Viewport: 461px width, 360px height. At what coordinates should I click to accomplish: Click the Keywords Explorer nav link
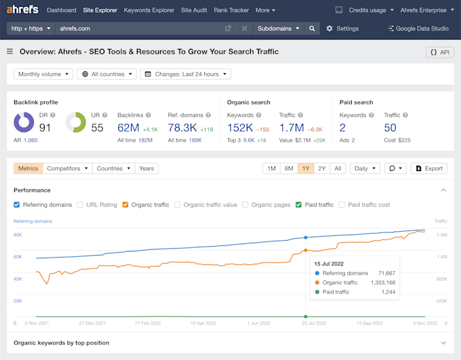[x=148, y=10]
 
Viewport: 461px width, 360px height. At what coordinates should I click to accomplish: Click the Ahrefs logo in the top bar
[x=22, y=10]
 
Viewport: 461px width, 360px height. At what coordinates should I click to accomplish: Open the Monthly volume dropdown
[x=42, y=74]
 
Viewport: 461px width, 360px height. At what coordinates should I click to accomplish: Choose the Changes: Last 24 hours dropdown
[x=185, y=74]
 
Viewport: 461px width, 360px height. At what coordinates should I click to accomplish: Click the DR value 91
[x=45, y=127]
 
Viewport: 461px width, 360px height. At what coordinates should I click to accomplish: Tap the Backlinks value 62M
[x=127, y=127]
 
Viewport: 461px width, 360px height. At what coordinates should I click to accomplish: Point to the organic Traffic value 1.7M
[x=291, y=127]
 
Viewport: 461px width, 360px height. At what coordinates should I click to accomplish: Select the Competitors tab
[x=66, y=168]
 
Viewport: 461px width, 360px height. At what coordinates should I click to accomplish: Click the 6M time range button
[x=288, y=168]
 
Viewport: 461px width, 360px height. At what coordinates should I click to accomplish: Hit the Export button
[x=429, y=168]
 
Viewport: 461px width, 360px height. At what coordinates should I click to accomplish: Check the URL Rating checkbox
[x=81, y=205]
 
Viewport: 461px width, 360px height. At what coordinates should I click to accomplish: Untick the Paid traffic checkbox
[x=298, y=205]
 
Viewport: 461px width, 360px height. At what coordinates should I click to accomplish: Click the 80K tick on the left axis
[x=18, y=235]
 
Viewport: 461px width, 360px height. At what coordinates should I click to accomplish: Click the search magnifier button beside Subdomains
[x=312, y=28]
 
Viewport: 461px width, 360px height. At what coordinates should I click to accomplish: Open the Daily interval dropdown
[x=365, y=168]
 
